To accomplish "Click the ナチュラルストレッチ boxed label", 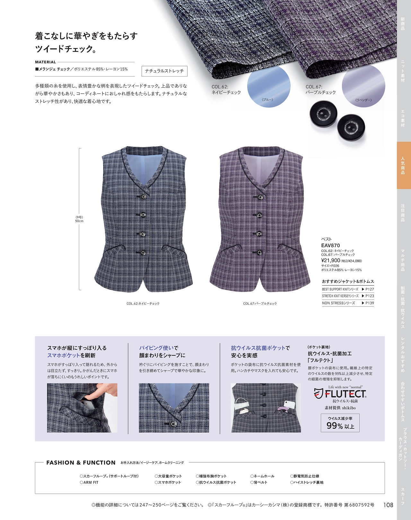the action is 164,71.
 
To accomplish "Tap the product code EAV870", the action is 330,246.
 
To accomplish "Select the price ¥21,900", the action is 331,261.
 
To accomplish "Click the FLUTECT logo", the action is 340,394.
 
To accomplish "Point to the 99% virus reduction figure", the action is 335,426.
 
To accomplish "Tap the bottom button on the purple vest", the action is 259,253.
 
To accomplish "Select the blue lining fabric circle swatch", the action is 269,86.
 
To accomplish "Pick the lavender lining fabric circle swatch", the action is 363,86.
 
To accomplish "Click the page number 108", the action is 388,505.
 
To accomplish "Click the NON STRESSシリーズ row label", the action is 338,303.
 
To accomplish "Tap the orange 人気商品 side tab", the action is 404,165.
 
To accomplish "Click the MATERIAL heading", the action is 45,62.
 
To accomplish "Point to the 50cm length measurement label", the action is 79,221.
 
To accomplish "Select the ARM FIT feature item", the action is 89,482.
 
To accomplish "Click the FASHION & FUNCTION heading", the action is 81,463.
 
